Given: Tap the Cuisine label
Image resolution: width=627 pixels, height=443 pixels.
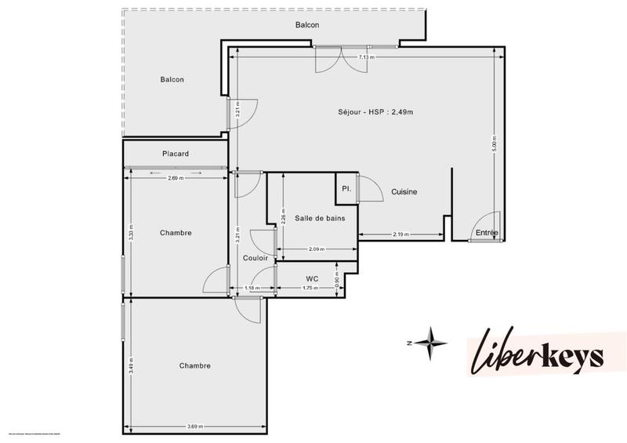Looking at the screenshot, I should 404,192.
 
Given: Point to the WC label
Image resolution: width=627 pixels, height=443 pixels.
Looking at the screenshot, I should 311,278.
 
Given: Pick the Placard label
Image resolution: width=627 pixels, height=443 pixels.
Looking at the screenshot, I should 176,154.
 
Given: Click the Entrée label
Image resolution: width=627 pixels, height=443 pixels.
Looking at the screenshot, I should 487,233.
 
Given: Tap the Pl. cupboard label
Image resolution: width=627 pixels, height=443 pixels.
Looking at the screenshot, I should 346,189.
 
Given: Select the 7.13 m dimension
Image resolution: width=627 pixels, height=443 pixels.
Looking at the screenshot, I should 366,57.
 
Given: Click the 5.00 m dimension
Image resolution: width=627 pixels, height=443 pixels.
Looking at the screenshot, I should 494,146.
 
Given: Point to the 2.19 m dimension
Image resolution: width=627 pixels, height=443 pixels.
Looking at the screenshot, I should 401,235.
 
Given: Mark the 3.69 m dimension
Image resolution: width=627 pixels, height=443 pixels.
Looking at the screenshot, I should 196,427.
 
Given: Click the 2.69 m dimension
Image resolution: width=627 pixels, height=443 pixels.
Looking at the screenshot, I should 176,178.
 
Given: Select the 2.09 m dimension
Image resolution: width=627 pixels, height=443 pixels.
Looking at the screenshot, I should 316,249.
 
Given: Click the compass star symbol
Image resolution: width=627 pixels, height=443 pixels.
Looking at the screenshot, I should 429,343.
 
